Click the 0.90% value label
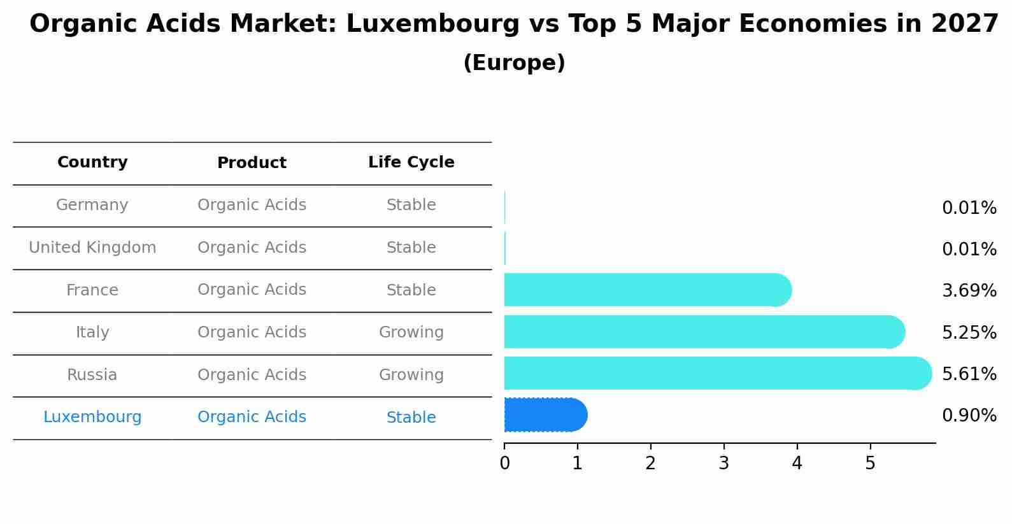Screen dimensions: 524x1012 pos(969,416)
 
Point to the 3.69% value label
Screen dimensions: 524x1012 pos(969,291)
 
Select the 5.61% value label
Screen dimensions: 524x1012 pos(969,374)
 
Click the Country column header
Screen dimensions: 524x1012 pos(92,162)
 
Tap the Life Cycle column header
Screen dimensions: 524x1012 pos(411,162)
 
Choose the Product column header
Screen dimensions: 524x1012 pos(252,163)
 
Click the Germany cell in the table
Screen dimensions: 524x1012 pos(92,205)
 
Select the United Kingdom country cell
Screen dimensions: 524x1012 pos(92,248)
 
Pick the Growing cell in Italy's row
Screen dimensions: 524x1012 pos(411,332)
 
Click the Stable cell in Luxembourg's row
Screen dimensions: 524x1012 pos(411,418)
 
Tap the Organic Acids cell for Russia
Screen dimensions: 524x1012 pos(252,375)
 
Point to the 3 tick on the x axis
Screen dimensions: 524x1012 pos(723,463)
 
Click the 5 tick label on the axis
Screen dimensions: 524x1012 pos(870,463)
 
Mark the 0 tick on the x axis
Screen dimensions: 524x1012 pos(504,463)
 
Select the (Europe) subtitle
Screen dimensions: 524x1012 pos(514,63)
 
